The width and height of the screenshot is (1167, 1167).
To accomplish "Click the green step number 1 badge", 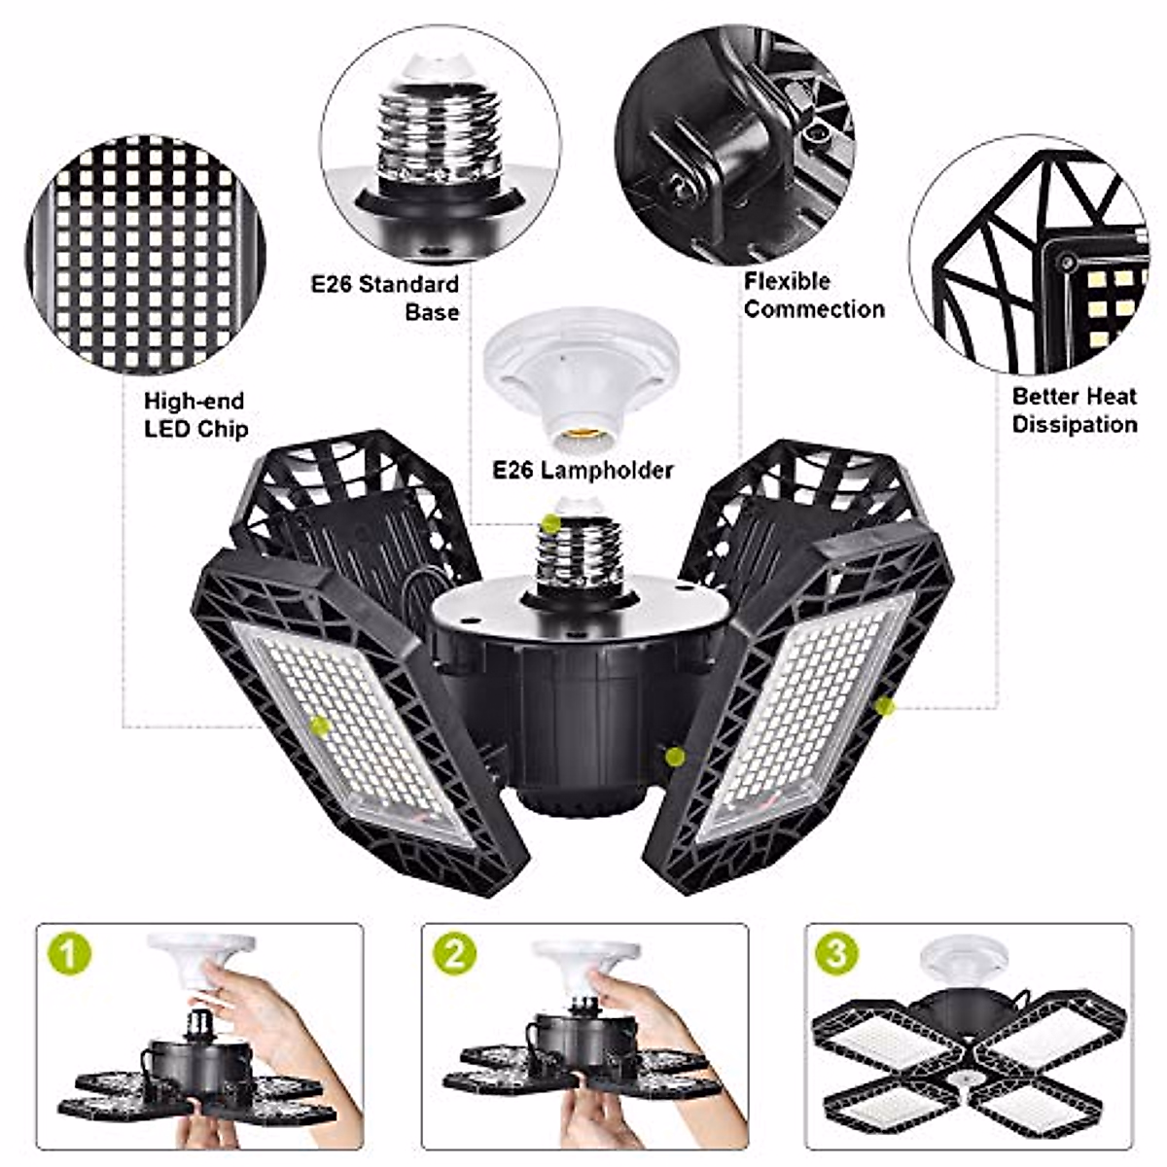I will pos(69,956).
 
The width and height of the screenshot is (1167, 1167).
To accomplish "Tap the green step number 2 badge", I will pos(454,956).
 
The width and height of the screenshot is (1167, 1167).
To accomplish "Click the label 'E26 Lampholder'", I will pos(583,471).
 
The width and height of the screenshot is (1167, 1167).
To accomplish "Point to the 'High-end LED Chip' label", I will pos(195,414).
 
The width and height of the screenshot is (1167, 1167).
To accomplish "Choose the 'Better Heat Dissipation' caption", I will pos(1075,410).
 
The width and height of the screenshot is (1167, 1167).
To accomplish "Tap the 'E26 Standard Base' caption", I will pos(385,298).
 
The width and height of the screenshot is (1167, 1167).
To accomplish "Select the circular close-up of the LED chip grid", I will pos(147,255).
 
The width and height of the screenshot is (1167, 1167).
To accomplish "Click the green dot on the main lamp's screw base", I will pos(551,523).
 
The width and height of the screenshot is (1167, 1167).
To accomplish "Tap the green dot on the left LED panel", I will pos(318,724).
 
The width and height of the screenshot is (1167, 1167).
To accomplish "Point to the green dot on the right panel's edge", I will pos(884,707).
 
